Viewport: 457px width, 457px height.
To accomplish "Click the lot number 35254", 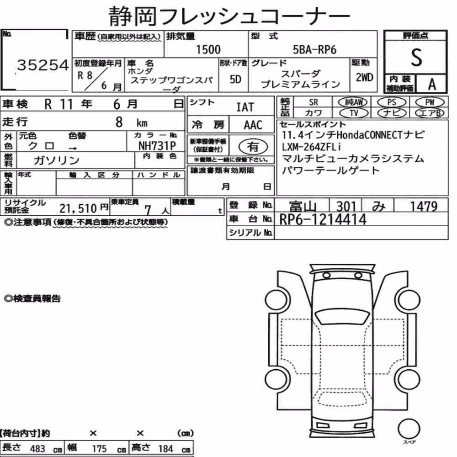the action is pos(43,65).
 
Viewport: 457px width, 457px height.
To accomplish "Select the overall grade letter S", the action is pos(416,58).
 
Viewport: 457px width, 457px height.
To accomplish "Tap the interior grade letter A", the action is pos(432,85).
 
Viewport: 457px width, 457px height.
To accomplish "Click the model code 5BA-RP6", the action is pos(314,50).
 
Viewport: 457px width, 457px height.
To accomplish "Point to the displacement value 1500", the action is pos(208,49).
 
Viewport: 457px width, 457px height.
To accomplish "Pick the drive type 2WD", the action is pos(364,77).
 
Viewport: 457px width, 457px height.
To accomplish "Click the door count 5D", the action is pos(235,79).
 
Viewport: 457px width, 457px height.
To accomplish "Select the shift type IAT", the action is pos(245,107).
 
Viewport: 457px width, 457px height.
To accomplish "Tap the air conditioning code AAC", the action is pos(253,125).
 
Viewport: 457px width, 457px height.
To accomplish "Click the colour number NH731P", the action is pos(157,146).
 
